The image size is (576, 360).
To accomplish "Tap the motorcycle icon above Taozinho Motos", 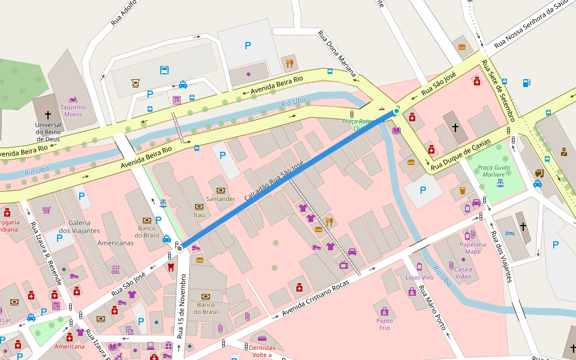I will [x=73, y=99].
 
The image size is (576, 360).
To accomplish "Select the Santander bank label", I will [x=220, y=199].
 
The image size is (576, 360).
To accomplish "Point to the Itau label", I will [x=199, y=214].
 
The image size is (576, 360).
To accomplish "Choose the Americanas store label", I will [x=115, y=243].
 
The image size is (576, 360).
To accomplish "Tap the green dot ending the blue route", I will [x=397, y=111].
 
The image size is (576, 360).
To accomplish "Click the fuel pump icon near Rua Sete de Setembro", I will [x=526, y=83].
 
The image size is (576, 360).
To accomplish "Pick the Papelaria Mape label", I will [x=473, y=248].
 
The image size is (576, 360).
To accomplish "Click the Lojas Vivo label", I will [x=419, y=277].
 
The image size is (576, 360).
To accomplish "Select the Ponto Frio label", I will [x=385, y=324].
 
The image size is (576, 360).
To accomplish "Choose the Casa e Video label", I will [x=463, y=272].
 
